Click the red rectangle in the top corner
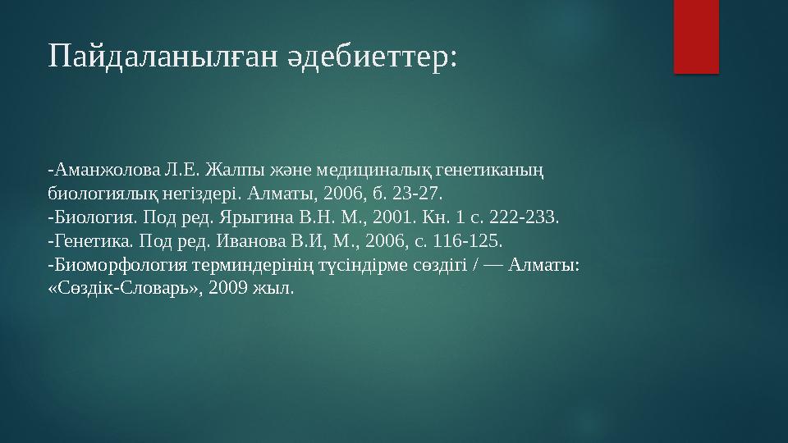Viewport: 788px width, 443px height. tap(696, 36)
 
